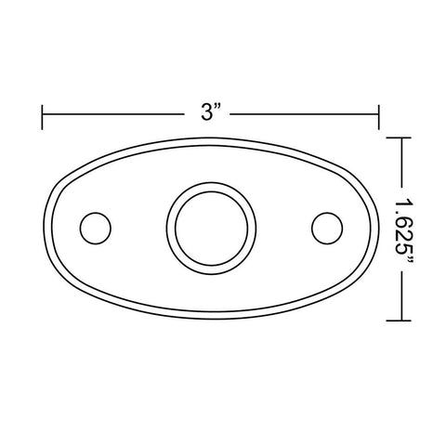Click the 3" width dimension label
211,111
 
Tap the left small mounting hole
96,229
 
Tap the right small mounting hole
327,229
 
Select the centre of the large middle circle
211,229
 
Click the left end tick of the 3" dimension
42,117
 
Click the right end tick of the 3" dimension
378,117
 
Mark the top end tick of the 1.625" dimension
399,138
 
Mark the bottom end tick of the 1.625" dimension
399,321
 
